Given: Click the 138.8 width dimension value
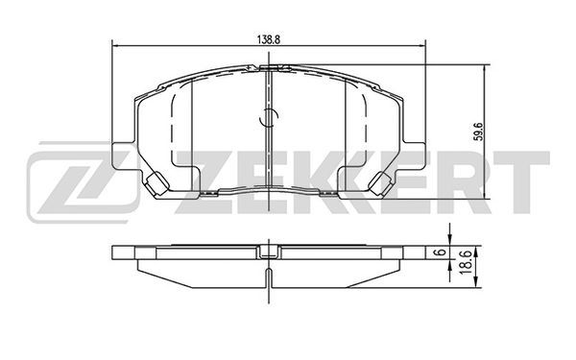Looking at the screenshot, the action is point(269,40).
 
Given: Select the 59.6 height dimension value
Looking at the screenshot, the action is point(477,132).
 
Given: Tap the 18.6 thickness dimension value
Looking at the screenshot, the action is point(465,260).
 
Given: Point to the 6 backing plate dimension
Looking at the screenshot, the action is point(443,252).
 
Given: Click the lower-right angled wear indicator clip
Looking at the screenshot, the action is point(379,183).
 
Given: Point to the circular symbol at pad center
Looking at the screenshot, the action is point(269,118).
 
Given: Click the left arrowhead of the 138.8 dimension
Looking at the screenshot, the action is point(114,46).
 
